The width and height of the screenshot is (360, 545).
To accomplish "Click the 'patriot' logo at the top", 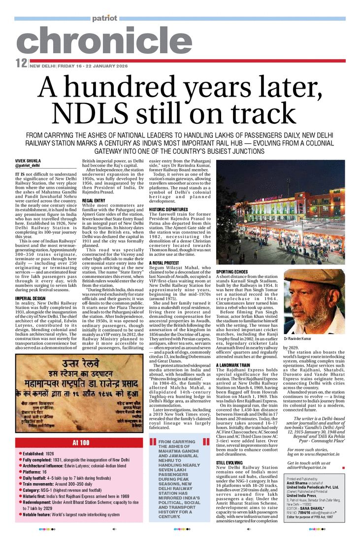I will pos(104,18).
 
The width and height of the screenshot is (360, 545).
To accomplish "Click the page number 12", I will pos(21,63).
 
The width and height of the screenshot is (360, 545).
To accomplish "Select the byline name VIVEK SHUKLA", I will pos(28,161).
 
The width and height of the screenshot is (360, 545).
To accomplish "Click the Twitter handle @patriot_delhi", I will pos(30,166).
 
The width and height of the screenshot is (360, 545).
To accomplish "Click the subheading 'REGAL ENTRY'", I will pos(94,201).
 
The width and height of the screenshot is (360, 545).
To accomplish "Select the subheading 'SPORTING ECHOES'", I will pos(232,272).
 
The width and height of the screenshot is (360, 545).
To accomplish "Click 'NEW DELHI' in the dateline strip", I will pos(42,66).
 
